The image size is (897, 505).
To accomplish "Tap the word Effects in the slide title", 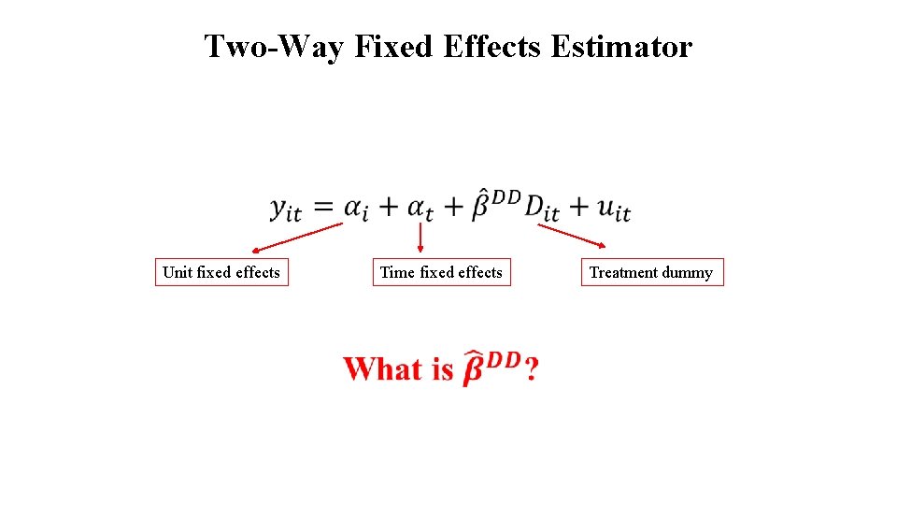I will click(491, 46).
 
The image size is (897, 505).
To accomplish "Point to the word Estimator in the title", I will click(621, 46).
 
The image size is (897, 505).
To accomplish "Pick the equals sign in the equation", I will click(323, 207).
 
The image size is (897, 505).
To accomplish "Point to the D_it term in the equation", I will click(541, 209).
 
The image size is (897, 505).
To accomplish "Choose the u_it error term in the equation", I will click(612, 209).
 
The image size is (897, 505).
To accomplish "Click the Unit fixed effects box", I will click(221, 272).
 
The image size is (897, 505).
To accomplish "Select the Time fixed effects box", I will click(441, 272).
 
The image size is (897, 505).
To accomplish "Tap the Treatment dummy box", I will click(651, 272).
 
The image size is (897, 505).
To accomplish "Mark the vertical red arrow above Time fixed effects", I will click(420, 238).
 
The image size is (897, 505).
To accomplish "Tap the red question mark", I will click(531, 370).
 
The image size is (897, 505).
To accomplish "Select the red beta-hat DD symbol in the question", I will click(491, 368).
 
